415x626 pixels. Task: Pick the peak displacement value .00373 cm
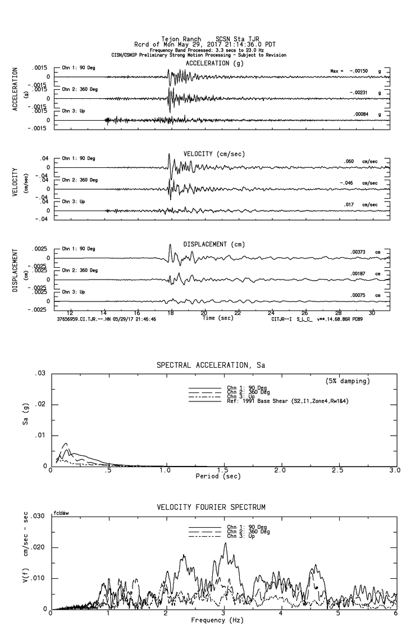pyautogui.click(x=358, y=252)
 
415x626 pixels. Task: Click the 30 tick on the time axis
pyautogui.click(x=372, y=312)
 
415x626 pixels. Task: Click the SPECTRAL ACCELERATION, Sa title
pyautogui.click(x=211, y=365)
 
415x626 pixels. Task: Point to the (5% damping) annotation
pyautogui.click(x=348, y=381)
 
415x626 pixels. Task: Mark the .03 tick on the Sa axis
pyautogui.click(x=40, y=373)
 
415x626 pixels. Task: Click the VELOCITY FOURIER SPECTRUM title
pyautogui.click(x=211, y=508)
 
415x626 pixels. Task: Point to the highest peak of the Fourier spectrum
pyautogui.click(x=225, y=542)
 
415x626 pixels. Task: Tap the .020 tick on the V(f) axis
pyautogui.click(x=37, y=547)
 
